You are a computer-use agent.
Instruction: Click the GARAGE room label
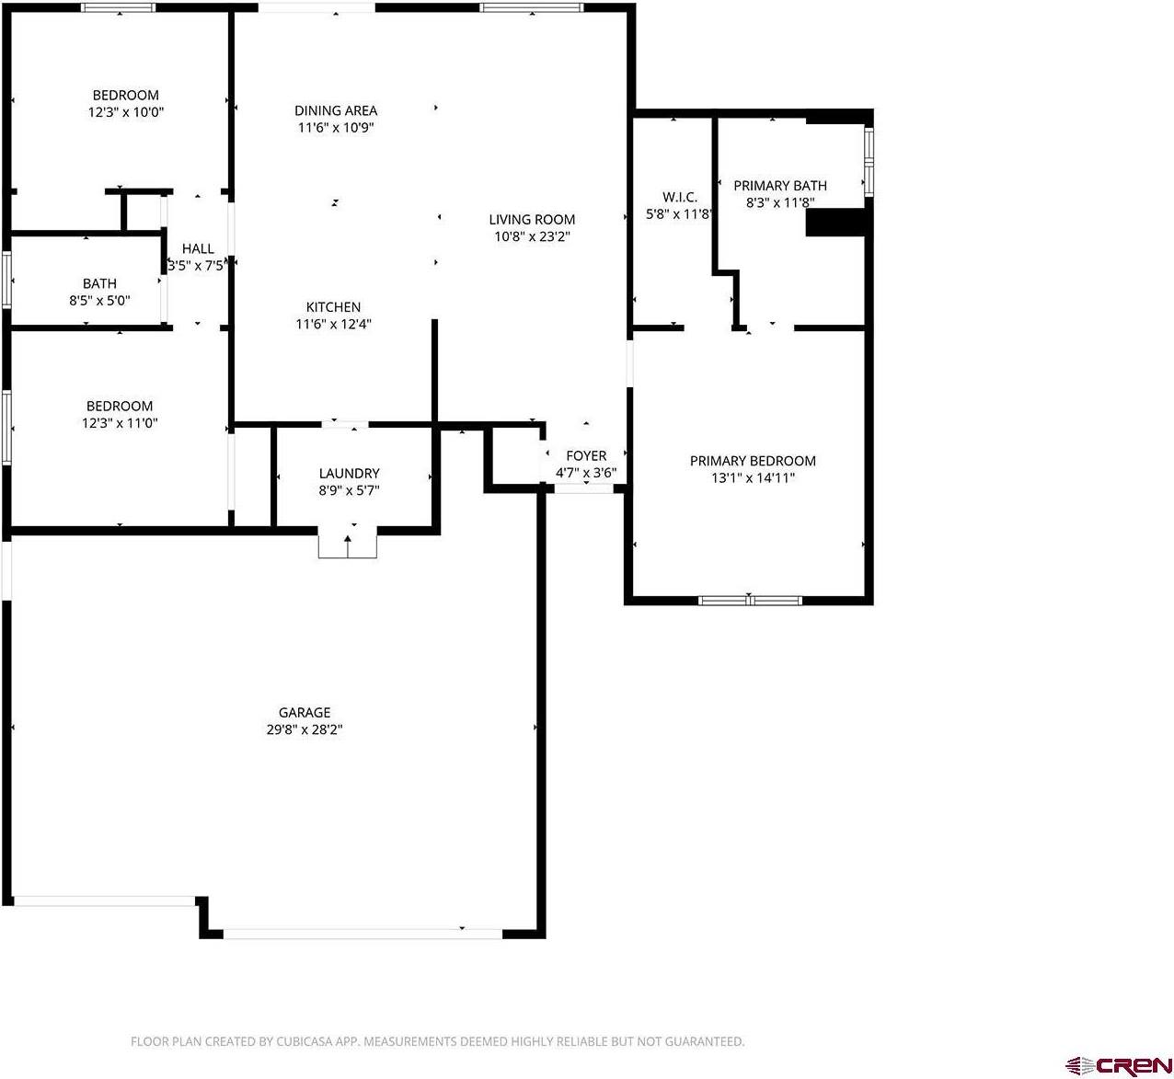(305, 712)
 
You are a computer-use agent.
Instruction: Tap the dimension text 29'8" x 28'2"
(305, 729)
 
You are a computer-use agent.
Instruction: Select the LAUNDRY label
(349, 474)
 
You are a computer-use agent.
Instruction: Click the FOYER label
(586, 456)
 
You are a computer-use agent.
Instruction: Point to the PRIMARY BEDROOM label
(753, 461)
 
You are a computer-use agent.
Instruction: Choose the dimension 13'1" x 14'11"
(753, 478)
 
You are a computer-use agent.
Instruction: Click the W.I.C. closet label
(680, 197)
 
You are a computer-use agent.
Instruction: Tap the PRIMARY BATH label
(779, 186)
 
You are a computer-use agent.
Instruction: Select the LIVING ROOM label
(532, 219)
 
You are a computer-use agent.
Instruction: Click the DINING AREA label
(336, 110)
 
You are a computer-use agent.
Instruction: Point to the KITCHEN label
(333, 307)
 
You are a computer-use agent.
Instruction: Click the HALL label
(198, 248)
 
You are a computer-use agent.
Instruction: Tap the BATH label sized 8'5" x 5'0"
(99, 283)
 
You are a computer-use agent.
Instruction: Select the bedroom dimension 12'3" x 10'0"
(126, 112)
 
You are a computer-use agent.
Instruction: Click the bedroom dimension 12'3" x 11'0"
(120, 423)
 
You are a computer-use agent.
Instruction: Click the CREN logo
(1118, 1065)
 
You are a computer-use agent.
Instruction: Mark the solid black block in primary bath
(835, 223)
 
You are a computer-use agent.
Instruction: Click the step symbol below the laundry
(348, 544)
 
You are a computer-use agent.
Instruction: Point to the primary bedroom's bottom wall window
(750, 601)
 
